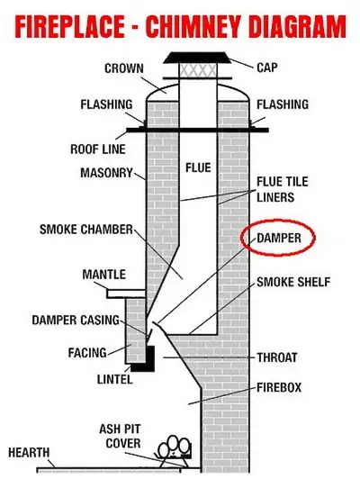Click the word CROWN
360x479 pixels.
124,68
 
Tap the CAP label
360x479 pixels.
267,68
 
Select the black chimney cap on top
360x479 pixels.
197,58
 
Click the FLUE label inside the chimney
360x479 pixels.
198,167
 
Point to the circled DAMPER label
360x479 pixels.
279,238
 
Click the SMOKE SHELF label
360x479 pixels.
293,282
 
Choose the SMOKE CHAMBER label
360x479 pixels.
86,230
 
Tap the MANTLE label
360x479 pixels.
103,275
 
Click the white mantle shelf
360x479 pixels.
126,294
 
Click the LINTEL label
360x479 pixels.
115,379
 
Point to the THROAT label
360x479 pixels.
277,357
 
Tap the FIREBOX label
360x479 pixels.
279,387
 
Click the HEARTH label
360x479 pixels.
29,452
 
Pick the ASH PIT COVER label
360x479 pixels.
121,436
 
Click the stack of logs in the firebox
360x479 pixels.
175,450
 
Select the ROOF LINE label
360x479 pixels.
98,149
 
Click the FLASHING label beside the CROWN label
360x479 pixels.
106,104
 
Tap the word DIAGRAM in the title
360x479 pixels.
297,27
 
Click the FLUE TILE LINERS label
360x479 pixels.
282,189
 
